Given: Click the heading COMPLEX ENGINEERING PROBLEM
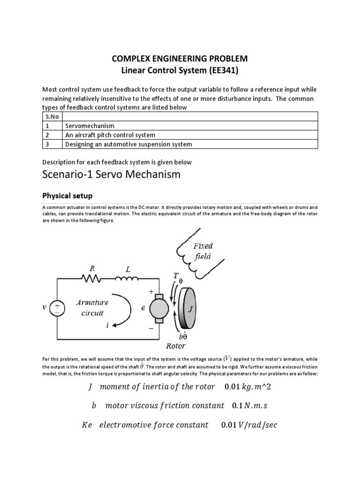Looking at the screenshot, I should pos(180,59).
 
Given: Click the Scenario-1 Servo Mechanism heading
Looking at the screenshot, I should pos(111,175).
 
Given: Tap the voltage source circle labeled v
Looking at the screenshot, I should pos(58,307).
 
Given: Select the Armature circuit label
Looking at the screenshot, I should pos(92,307).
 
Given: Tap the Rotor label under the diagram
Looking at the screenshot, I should pos(176,346).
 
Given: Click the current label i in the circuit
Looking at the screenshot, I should pos(106,325).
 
